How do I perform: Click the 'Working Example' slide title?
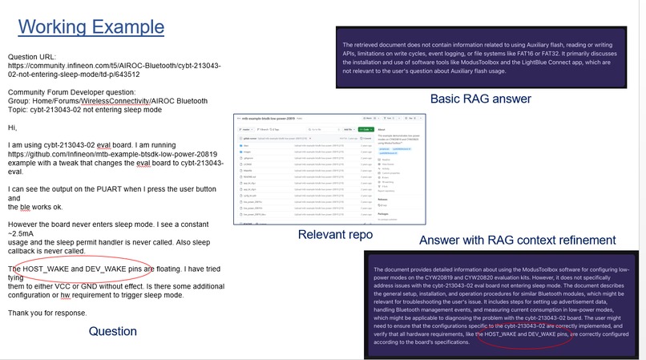91,26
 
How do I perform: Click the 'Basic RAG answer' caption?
480,99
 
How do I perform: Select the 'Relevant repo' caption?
336,235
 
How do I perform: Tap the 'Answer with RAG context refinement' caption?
517,240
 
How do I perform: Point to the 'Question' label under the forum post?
112,331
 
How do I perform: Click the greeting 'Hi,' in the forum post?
13,127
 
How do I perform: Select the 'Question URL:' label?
32,57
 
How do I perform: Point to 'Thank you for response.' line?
48,313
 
